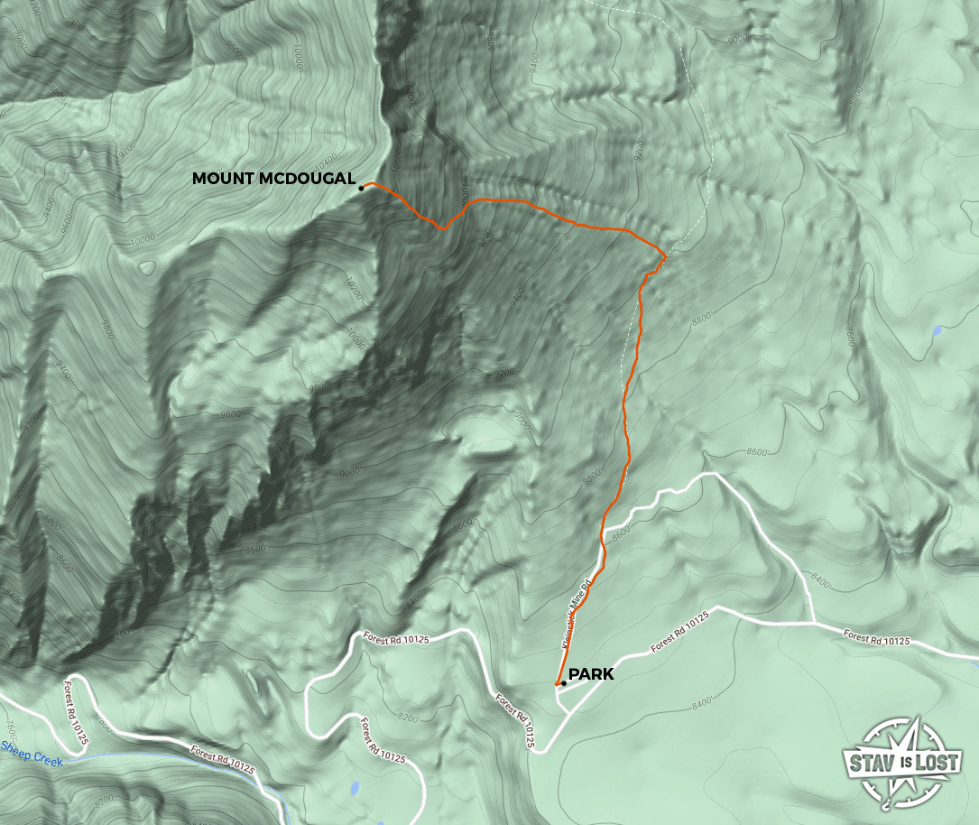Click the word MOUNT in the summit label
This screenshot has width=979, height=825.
tap(224, 180)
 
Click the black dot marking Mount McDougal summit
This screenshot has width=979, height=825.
tap(361, 188)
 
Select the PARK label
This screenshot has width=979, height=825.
tap(591, 674)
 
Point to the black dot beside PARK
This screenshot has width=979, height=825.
tap(563, 683)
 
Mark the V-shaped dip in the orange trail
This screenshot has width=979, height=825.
tap(442, 228)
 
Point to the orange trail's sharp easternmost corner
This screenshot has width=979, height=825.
tap(666, 253)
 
